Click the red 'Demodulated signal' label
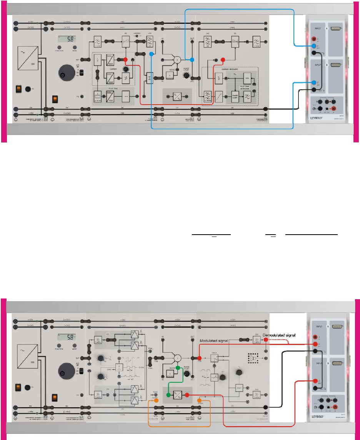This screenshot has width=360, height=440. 279,335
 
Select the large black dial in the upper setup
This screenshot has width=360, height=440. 66,72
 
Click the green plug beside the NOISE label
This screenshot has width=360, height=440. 178,368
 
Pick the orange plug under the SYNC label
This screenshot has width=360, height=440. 156,400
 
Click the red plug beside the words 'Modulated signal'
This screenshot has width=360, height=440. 199,347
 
